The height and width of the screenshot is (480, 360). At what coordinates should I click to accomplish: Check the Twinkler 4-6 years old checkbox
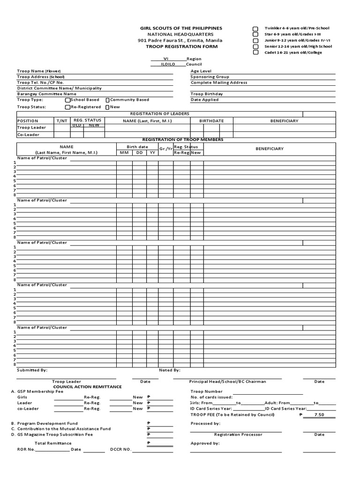click(x=255, y=29)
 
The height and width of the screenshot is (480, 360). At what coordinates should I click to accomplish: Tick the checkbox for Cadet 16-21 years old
click(x=255, y=52)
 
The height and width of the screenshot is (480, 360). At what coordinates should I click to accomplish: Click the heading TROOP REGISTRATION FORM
click(x=181, y=46)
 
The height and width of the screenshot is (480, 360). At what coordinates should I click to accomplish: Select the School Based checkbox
click(x=67, y=100)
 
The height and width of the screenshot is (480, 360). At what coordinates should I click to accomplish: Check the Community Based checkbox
click(x=107, y=100)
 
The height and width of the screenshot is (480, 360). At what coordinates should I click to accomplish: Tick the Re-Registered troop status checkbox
click(x=67, y=107)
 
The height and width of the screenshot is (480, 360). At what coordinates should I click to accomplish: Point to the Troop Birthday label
click(x=207, y=94)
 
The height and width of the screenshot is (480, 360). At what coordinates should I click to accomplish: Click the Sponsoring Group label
click(x=210, y=76)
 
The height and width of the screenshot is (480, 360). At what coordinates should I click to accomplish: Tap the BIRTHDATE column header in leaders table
click(x=211, y=121)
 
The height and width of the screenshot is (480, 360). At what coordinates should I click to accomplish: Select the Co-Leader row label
click(x=28, y=135)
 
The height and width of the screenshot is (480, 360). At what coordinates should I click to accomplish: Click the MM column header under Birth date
click(x=124, y=152)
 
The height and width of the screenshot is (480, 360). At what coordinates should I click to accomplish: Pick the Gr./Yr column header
click(x=165, y=149)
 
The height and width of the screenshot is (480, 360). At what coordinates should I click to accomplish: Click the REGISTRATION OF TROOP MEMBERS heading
click(x=183, y=140)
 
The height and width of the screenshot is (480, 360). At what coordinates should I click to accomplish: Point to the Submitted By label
click(x=32, y=370)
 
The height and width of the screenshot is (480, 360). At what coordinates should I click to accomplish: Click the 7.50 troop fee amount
click(x=319, y=414)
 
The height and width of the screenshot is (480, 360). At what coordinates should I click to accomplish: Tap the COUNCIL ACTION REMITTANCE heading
click(x=87, y=387)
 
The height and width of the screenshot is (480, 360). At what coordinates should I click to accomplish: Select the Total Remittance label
click(x=50, y=443)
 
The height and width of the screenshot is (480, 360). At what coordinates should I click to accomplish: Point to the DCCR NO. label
click(x=120, y=450)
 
